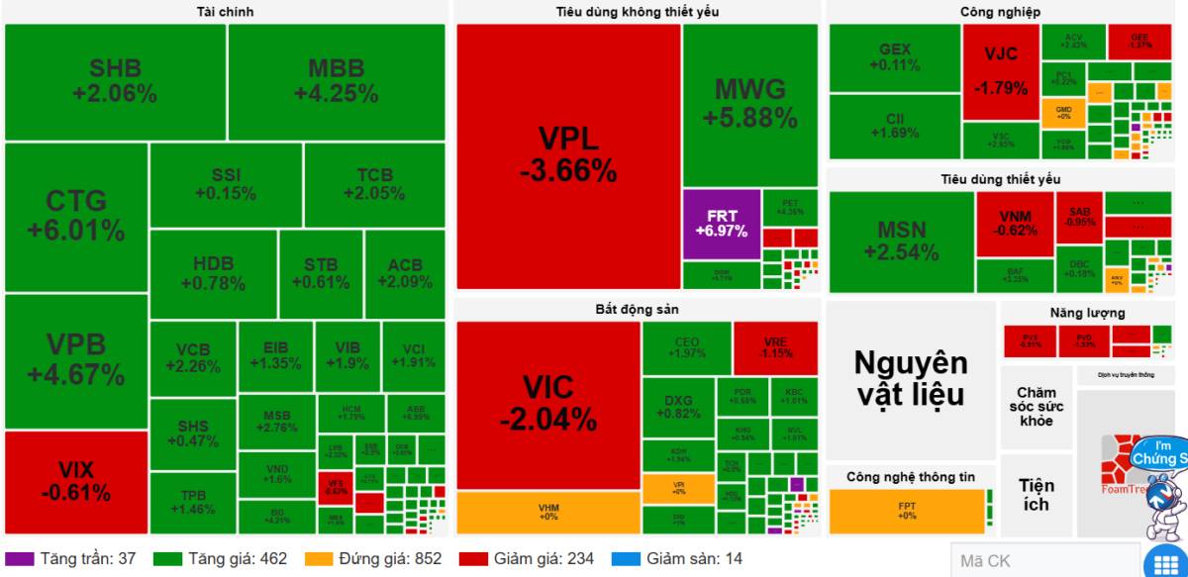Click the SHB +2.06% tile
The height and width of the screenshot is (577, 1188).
115,82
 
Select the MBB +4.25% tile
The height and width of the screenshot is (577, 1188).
336,82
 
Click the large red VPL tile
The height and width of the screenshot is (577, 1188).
567,155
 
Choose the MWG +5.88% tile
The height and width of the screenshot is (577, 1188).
749,103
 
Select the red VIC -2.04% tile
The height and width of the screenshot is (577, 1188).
547,405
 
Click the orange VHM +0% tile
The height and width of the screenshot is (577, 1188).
547,512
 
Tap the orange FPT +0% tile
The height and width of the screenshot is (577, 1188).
906,512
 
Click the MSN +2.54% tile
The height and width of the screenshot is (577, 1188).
901,241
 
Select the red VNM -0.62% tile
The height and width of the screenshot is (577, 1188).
1015,225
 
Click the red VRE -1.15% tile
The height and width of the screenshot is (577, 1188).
775,347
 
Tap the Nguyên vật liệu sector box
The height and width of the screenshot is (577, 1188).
910,378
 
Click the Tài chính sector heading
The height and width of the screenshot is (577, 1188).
225,12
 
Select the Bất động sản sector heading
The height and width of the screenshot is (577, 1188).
638,309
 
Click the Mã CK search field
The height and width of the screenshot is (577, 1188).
1043,561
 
